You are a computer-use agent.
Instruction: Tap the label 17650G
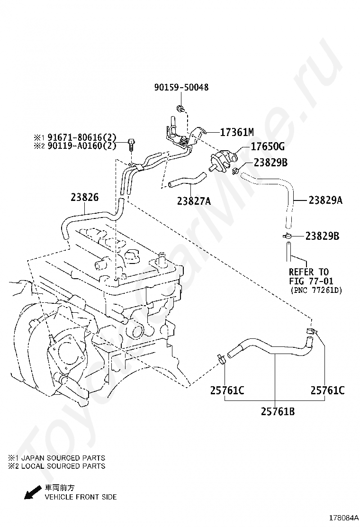268,147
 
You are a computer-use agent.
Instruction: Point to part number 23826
85,197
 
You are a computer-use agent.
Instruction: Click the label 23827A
194,201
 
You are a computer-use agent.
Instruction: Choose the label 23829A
325,200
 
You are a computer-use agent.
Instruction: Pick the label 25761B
278,411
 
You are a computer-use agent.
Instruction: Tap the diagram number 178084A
343,517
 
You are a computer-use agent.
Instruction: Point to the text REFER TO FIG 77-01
309,277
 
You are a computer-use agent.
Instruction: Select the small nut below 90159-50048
180,109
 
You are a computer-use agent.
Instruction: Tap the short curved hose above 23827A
187,181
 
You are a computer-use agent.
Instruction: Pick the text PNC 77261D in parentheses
315,290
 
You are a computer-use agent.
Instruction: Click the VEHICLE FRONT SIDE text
81,497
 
